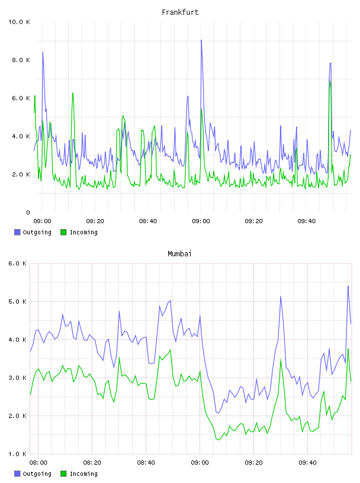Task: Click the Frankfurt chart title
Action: click(180, 12)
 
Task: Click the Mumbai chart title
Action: click(179, 254)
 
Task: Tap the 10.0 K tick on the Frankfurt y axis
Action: click(19, 22)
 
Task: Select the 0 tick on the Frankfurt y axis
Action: click(28, 212)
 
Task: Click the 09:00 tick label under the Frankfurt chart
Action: click(201, 221)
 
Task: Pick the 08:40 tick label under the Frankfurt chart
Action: click(148, 221)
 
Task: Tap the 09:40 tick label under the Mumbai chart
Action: click(307, 463)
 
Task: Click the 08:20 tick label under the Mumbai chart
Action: click(92, 463)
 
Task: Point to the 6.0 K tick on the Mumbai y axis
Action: click(17, 263)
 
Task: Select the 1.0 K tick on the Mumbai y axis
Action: click(17, 454)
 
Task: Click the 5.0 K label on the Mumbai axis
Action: click(17, 301)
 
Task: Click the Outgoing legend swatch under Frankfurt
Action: click(17, 232)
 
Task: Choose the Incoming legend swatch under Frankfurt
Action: click(63, 232)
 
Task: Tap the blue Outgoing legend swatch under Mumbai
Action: click(17, 474)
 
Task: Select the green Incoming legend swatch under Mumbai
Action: click(63, 474)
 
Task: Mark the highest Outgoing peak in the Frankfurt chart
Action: click(201, 40)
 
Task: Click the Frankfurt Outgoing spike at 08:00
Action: click(43, 52)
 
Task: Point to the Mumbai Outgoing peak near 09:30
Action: click(281, 297)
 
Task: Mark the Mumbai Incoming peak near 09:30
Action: click(281, 359)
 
